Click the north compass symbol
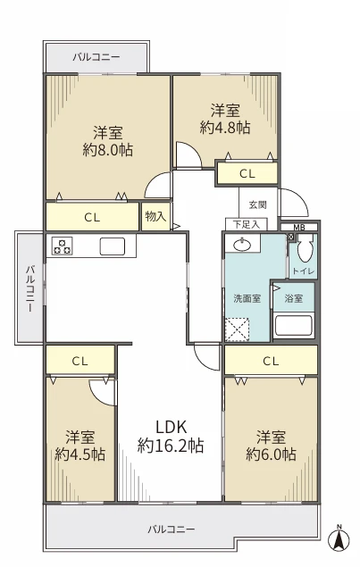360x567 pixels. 339,538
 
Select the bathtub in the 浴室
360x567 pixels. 293,325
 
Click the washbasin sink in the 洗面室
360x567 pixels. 243,246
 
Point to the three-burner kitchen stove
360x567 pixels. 62,246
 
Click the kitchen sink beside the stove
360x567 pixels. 113,246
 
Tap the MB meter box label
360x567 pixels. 299,228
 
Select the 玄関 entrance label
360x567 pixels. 257,204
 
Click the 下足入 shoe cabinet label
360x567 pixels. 247,224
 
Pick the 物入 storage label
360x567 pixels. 155,216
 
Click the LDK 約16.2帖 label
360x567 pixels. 171,437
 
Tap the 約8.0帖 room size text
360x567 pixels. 108,149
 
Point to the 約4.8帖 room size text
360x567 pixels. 225,128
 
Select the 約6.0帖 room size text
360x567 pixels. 271,454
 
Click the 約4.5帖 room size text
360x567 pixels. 80,454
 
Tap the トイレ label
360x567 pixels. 303,271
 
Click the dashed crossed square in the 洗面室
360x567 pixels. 237,329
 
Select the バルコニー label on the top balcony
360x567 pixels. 96,57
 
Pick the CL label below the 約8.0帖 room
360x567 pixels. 92,217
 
